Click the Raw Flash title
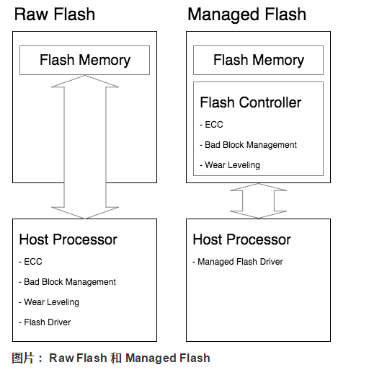55,14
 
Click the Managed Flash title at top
246,14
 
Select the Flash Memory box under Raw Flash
84,60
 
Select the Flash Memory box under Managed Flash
258,60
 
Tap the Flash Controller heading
250,102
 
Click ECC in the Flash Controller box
214,125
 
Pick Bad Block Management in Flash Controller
250,145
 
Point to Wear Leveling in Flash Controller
232,165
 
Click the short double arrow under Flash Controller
258,201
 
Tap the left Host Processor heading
68,239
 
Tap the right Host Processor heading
241,239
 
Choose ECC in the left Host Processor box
32,262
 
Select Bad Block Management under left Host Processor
69,282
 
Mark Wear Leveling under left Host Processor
51,302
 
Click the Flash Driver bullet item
47,322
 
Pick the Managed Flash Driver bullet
240,262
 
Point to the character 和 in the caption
116,358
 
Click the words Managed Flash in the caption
168,358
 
